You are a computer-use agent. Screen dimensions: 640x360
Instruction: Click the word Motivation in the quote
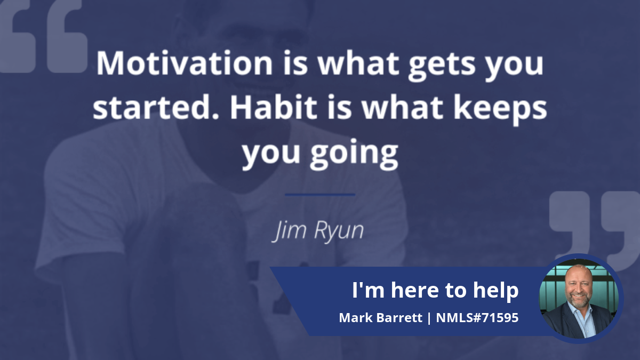185,63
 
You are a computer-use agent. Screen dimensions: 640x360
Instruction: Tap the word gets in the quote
442,66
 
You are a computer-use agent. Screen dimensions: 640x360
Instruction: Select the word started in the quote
155,107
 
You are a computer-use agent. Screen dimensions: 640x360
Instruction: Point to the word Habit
274,107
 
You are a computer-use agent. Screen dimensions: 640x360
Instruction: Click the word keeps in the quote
500,110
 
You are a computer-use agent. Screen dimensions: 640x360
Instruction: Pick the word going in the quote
354,154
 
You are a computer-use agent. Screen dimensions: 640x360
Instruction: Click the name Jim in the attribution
289,231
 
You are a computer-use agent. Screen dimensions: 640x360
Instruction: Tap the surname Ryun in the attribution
339,232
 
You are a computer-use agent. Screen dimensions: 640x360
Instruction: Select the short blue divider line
320,195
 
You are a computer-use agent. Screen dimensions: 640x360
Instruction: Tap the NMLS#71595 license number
477,317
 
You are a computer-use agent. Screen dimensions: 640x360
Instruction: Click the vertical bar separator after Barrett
429,318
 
